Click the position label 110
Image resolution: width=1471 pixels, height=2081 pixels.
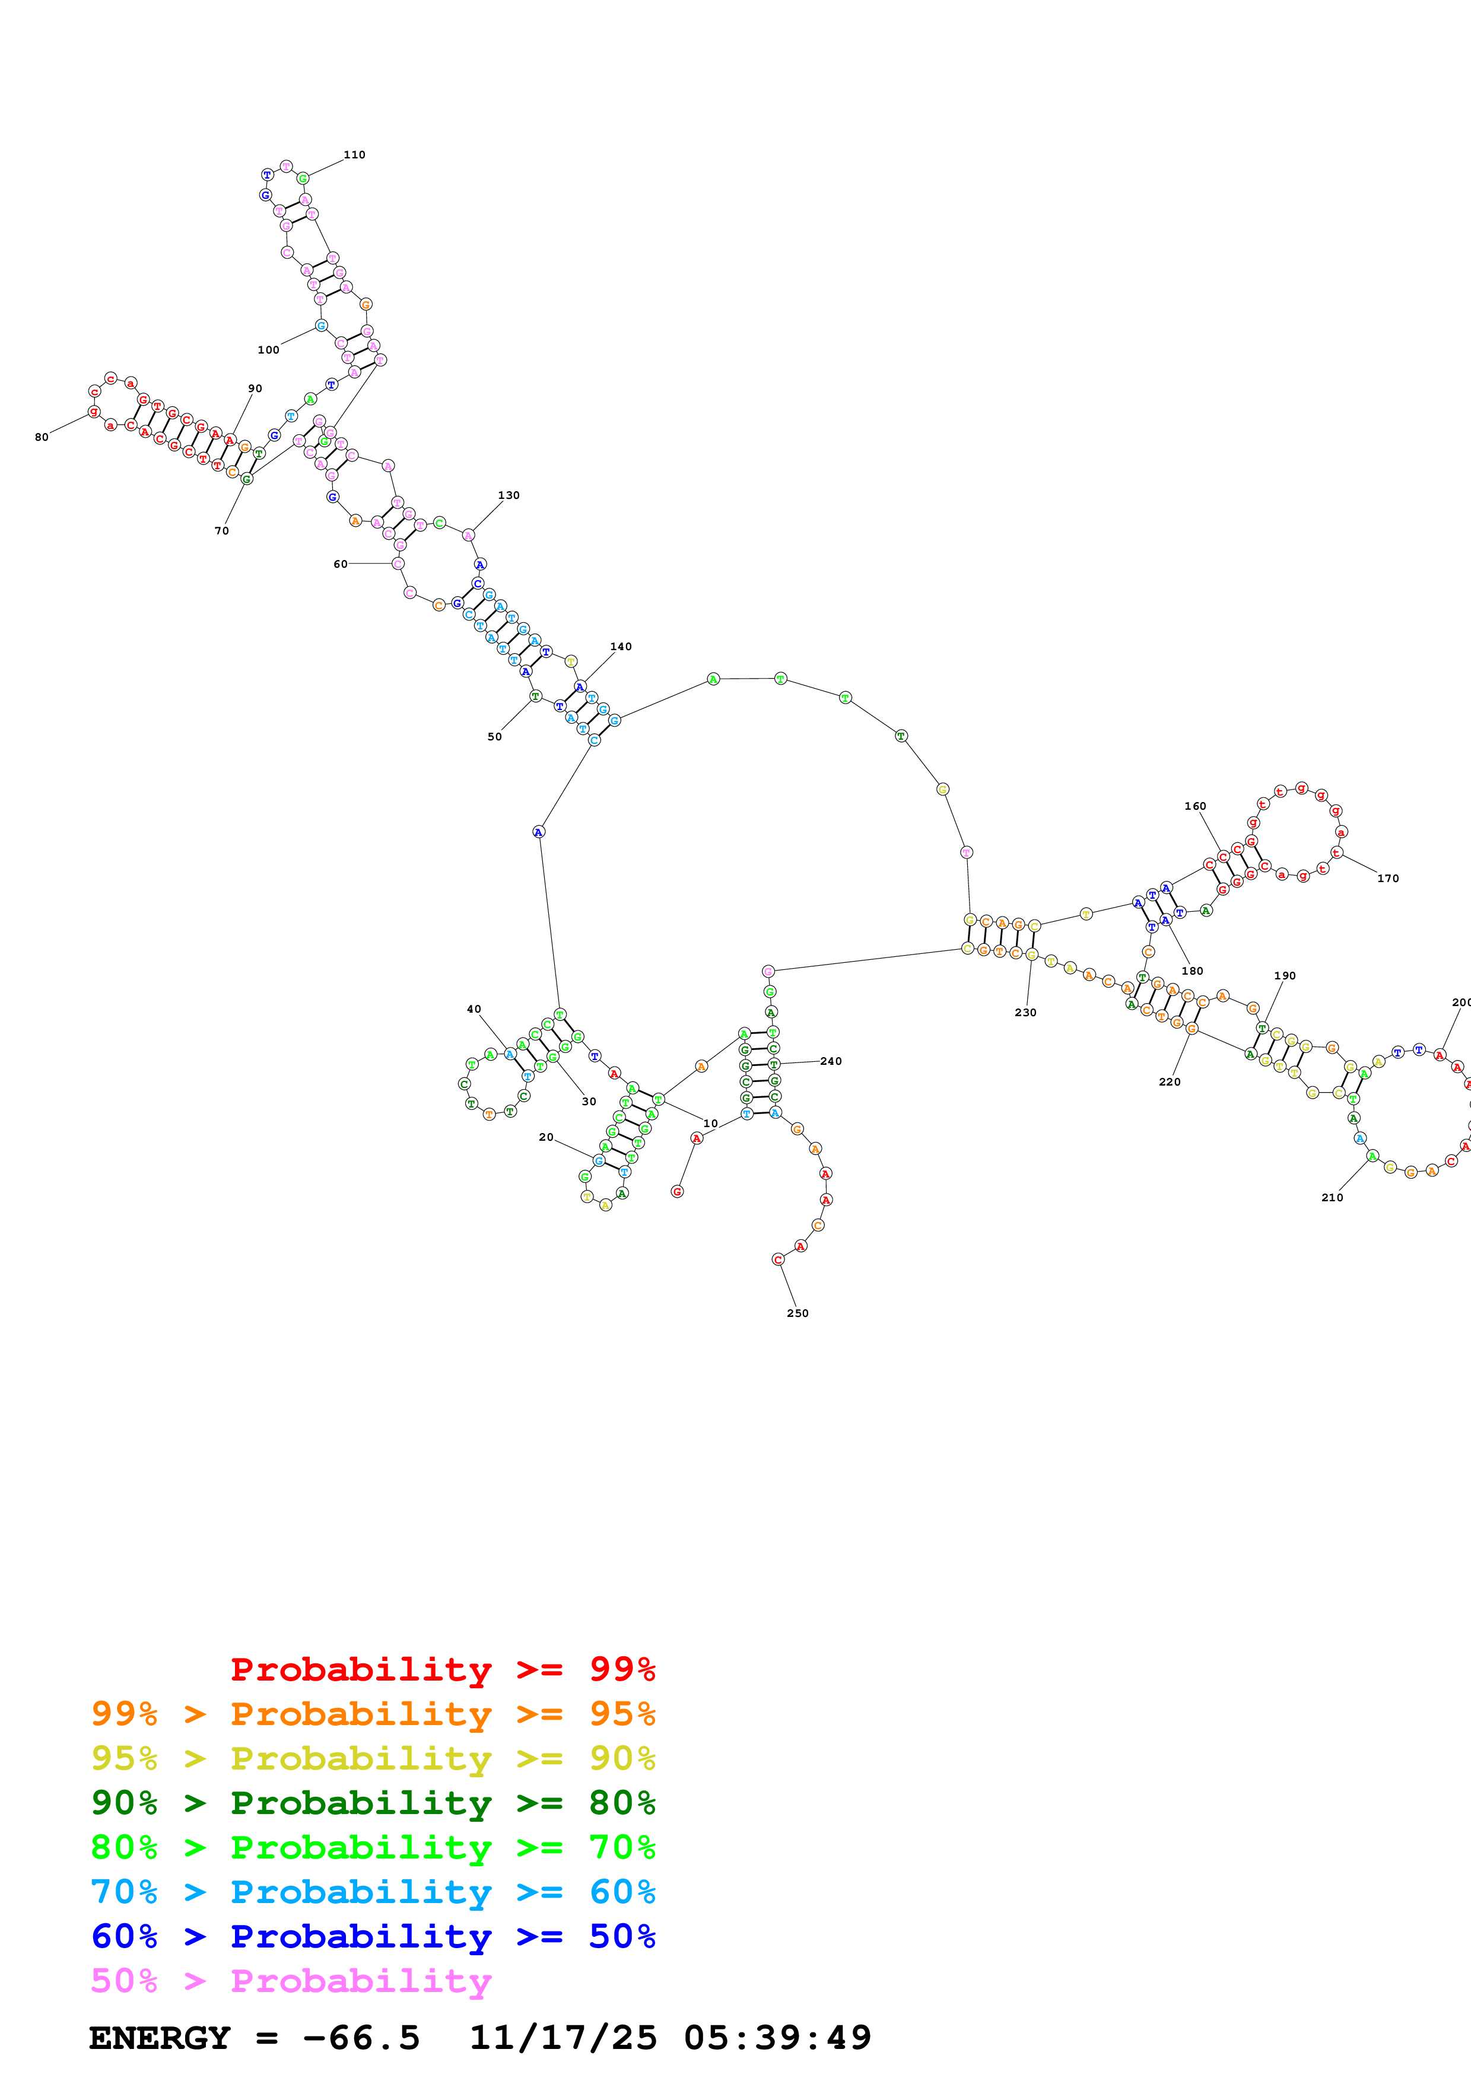(x=354, y=155)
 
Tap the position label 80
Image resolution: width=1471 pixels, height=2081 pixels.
(x=42, y=437)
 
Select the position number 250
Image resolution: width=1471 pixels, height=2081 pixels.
(x=798, y=1313)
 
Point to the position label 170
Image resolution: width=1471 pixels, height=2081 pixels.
(x=1387, y=879)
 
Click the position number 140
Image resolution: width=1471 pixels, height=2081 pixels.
(x=621, y=646)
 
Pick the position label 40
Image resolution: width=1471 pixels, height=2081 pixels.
(x=474, y=1009)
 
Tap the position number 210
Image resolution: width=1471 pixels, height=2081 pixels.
(x=1332, y=1197)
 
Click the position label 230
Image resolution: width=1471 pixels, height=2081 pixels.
(x=1025, y=1013)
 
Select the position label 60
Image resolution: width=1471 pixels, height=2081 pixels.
(x=341, y=564)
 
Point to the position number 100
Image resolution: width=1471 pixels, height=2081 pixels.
(x=268, y=350)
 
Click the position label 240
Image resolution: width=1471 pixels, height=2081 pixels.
(x=831, y=1061)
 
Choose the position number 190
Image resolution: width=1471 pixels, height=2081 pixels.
(x=1285, y=976)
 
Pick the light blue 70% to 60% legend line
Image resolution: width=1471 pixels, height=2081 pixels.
(x=373, y=1892)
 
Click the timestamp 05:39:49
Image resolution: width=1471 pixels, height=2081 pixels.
(x=778, y=2038)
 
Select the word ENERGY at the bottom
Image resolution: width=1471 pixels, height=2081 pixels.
(x=160, y=2038)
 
